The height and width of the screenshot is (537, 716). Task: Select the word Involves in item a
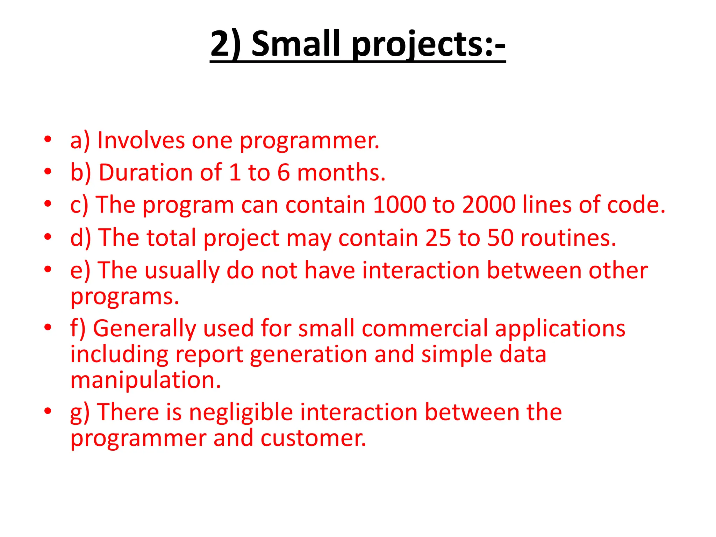tap(141, 141)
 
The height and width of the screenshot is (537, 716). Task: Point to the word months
tap(341, 173)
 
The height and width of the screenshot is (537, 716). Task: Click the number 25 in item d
tap(438, 238)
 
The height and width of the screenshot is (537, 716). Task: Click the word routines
tap(568, 238)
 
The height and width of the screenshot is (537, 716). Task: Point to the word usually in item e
tap(182, 271)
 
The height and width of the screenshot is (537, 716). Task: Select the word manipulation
tap(146, 380)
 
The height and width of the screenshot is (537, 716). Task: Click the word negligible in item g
tap(241, 412)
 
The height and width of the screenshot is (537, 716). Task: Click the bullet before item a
tap(48, 139)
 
